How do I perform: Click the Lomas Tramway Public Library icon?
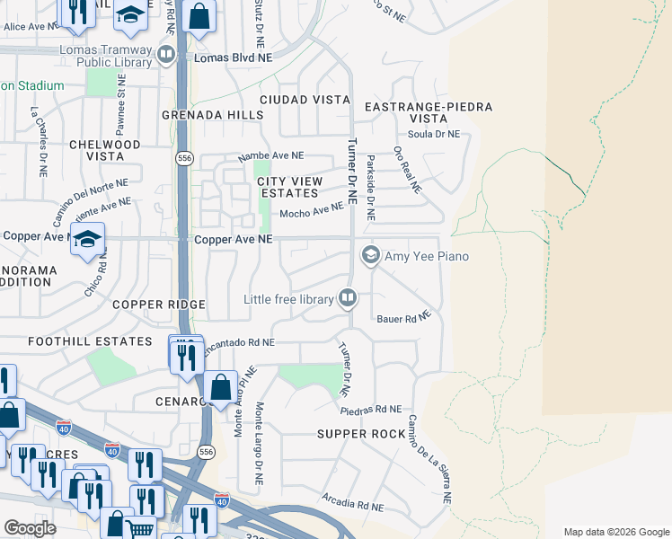(166, 56)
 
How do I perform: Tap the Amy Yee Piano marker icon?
(369, 256)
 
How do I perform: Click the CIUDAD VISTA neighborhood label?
(305, 100)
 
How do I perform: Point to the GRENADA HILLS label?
(213, 115)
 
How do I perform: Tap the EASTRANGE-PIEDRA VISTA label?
(429, 112)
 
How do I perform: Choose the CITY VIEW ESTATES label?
(288, 187)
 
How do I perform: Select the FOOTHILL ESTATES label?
(90, 341)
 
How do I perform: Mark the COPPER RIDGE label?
(159, 305)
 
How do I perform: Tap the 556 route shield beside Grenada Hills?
(184, 158)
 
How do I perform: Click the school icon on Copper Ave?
(87, 240)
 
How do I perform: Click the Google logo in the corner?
(30, 528)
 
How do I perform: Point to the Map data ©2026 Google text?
(615, 531)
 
